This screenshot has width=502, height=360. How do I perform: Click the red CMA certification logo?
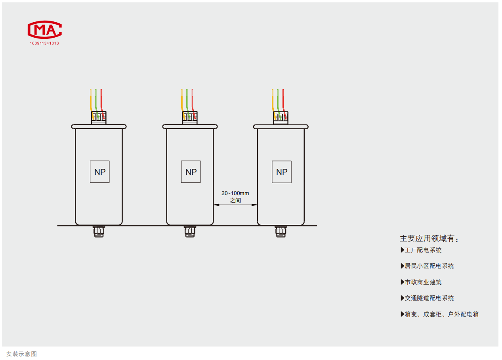(x=44, y=30)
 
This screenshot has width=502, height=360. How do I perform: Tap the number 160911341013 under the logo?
(x=44, y=43)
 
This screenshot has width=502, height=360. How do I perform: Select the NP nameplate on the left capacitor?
(x=100, y=172)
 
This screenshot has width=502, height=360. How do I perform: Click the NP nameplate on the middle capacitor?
(x=191, y=172)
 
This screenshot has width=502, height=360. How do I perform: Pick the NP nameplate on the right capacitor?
(x=282, y=172)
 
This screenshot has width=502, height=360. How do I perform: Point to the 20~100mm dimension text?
(x=235, y=193)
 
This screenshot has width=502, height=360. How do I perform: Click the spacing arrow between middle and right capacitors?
(x=235, y=205)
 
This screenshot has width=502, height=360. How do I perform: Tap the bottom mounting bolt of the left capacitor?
(x=99, y=232)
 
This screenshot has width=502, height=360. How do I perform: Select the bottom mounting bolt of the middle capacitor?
(x=190, y=232)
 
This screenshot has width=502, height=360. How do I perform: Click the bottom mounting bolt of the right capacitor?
(x=281, y=232)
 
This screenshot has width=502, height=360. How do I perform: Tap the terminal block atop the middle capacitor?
(x=190, y=117)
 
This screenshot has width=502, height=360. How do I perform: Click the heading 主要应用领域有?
(x=429, y=239)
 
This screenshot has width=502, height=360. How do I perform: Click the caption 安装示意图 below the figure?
(x=22, y=354)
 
